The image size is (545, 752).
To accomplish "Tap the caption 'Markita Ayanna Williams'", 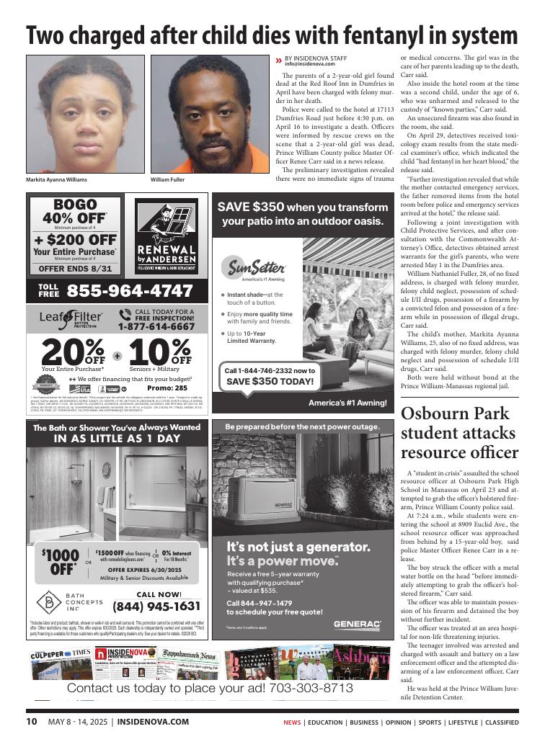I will click(x=56, y=179).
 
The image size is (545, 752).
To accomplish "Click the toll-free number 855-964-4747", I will click(x=130, y=291).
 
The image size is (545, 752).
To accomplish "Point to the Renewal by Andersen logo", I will click(x=167, y=236).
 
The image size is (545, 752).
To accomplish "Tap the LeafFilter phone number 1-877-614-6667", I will click(x=156, y=326).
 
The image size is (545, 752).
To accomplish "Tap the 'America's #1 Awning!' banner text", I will click(x=347, y=403).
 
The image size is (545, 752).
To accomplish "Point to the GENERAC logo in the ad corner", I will click(x=357, y=624).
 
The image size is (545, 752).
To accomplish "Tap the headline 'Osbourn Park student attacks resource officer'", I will click(x=459, y=434).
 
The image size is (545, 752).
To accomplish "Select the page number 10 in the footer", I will click(x=32, y=722).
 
